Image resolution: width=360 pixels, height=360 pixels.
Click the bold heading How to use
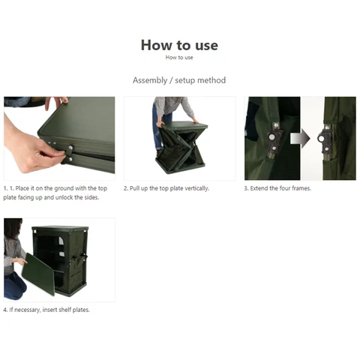tap(179, 45)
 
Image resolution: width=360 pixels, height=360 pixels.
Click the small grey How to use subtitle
tap(179, 58)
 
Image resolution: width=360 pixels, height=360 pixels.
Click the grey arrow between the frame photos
tap(300, 139)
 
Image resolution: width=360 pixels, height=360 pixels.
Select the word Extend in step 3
tap(259, 188)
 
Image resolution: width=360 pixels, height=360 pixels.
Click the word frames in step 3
tap(301, 188)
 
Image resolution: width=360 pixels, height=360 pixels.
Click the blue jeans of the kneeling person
tap(14, 286)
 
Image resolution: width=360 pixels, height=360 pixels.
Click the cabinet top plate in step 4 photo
tap(60, 228)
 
